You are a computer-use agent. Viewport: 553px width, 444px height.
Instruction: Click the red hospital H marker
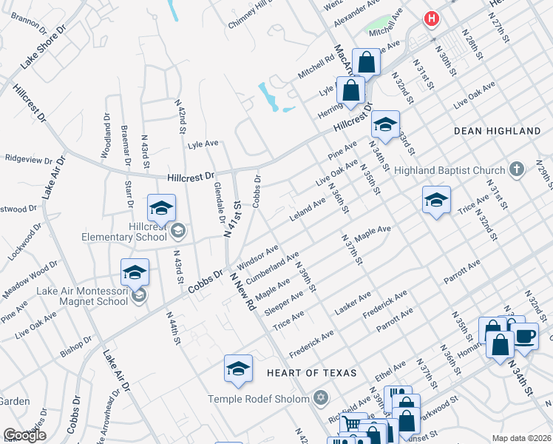[x=430, y=18]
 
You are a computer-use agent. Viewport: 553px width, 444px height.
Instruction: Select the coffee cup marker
[x=525, y=337]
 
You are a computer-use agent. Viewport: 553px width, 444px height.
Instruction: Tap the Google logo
[x=24, y=435]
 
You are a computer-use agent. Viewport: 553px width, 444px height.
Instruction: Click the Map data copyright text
[x=522, y=438]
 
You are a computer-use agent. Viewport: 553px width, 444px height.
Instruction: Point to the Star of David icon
[x=320, y=398]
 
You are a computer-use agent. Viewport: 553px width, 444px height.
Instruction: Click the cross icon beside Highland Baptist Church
[x=517, y=169]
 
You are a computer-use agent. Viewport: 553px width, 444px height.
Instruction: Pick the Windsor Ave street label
[x=257, y=256]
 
